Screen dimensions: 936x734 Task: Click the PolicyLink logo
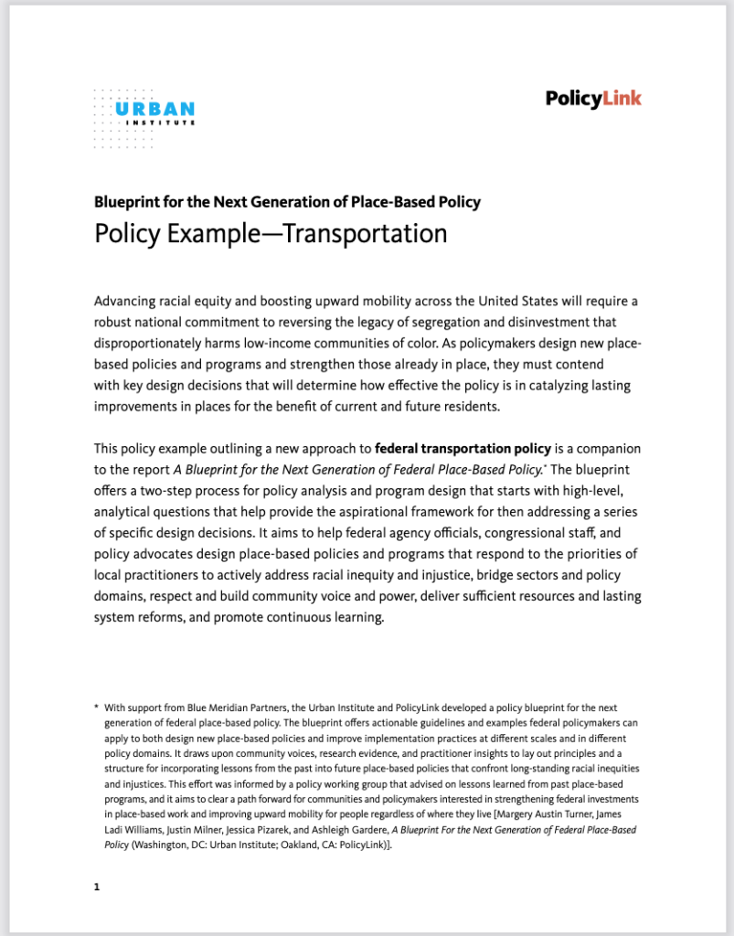point(593,99)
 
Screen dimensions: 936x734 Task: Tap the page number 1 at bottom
point(96,887)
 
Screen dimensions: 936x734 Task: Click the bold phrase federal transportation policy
point(463,449)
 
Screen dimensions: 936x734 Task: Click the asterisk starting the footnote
point(96,707)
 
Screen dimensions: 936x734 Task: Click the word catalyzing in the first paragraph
point(538,385)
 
